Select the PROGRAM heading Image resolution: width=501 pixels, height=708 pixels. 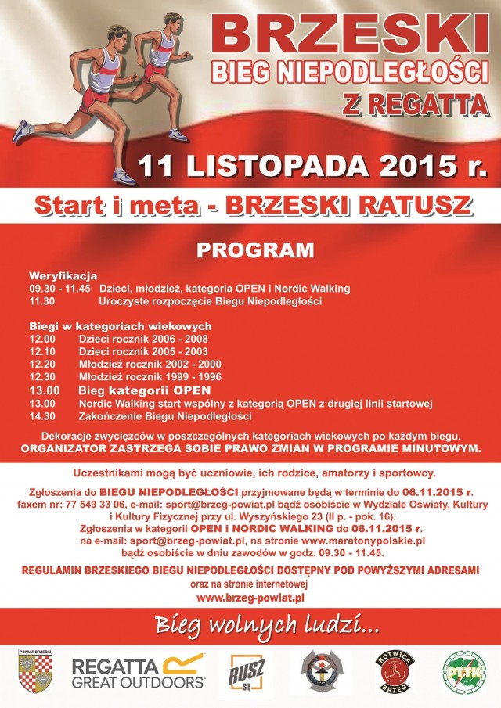pos(254,250)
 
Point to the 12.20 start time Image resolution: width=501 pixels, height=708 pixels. pos(42,365)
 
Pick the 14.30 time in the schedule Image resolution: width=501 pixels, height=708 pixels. pos(42,415)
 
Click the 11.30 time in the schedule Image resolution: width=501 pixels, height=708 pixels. pos(42,300)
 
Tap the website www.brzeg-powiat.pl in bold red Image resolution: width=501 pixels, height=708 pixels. pos(250,598)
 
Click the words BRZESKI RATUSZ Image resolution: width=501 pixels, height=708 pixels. pos(350,206)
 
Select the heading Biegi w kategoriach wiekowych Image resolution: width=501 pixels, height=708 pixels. pos(121,325)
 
